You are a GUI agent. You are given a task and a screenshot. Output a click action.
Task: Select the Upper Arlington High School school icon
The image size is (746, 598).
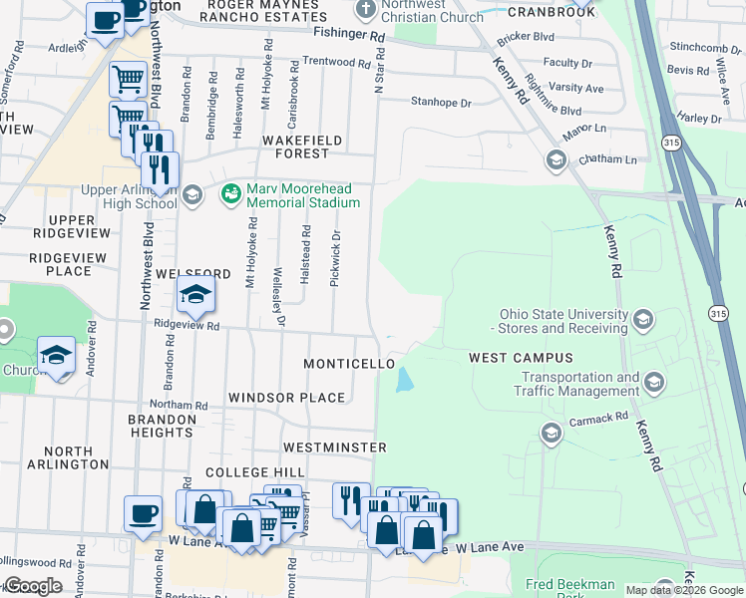tap(194, 194)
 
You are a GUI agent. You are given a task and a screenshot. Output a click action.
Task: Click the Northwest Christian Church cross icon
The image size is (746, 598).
tap(363, 10)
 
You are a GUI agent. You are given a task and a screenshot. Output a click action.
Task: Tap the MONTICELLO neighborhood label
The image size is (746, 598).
tap(349, 365)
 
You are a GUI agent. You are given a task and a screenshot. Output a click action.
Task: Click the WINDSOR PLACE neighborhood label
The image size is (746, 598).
tap(286, 398)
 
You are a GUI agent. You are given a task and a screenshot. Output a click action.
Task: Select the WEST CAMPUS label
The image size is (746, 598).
tap(521, 358)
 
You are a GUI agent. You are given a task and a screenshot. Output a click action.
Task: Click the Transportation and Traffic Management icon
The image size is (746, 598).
tap(654, 383)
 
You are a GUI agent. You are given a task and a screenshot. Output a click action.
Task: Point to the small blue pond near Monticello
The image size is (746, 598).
tap(405, 380)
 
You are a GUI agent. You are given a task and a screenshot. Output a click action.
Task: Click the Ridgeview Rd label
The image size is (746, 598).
tap(186, 325)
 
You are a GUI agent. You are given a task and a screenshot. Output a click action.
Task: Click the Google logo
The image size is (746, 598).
tap(32, 586)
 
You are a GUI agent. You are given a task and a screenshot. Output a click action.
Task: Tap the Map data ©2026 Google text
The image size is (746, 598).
tap(683, 590)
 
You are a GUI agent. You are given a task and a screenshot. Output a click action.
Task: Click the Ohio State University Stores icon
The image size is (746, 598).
tap(642, 320)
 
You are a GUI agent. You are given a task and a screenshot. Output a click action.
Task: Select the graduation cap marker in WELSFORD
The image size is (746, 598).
tap(195, 293)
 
